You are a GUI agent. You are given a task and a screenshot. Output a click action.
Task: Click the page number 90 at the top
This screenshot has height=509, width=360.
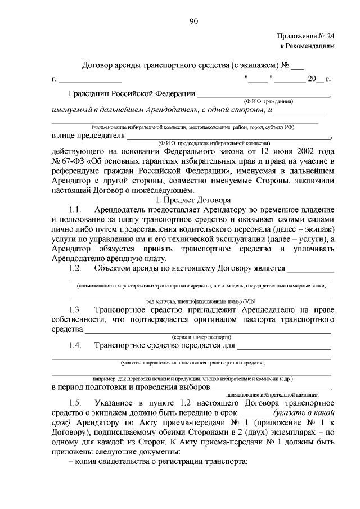[193, 21]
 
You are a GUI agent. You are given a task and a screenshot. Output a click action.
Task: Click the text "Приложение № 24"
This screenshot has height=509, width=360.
[306, 35]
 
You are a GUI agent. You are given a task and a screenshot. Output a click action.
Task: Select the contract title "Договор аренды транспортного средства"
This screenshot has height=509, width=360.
[155, 65]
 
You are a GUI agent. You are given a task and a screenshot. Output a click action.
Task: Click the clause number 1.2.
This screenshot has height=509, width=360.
[76, 268]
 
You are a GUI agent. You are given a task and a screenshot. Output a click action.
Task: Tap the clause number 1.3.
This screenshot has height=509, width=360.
[76, 309]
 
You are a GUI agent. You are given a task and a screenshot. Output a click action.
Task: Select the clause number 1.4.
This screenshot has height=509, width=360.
[76, 345]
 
